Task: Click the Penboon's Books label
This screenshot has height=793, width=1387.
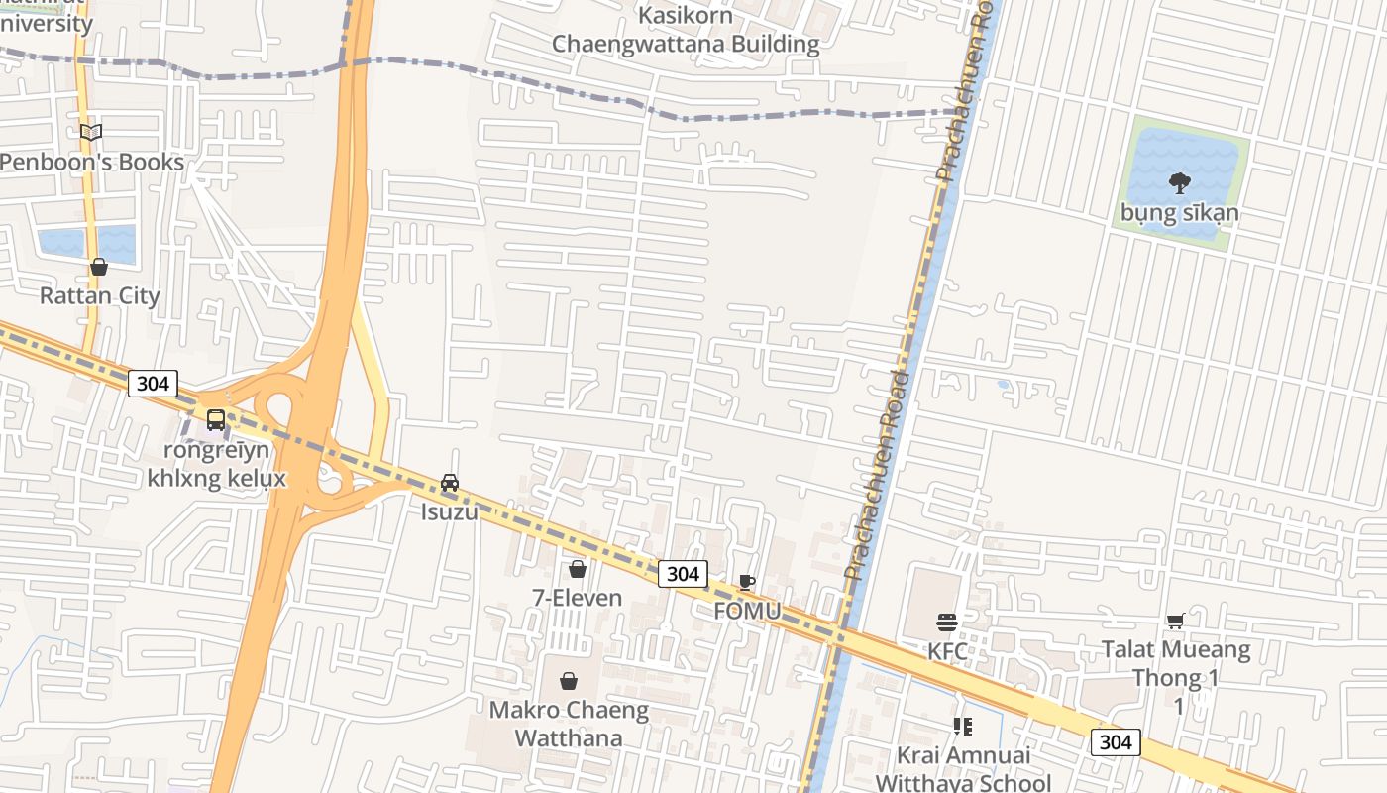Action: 92,162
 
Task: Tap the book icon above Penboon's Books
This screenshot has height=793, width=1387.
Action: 91,132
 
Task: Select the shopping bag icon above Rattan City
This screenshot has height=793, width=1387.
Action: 99,267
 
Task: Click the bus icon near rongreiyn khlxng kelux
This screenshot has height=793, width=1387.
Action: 216,420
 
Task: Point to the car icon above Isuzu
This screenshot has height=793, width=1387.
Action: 450,483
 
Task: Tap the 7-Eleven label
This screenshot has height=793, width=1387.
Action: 578,598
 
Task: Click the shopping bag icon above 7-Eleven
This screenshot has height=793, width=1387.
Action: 578,569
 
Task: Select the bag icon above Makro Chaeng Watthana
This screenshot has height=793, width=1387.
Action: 569,681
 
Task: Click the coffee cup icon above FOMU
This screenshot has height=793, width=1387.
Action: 747,582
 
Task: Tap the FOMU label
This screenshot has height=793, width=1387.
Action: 747,611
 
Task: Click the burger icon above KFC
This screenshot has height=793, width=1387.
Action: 947,623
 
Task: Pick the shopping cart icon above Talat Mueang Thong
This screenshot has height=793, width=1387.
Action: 1176,622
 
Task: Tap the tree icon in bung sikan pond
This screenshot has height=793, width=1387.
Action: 1179,182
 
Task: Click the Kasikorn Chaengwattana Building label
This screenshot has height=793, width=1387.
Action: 686,30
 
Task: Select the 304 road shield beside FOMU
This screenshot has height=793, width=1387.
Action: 682,573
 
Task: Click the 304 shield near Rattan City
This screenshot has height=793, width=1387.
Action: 153,384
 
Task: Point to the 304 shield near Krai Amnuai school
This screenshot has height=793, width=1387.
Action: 1116,741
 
